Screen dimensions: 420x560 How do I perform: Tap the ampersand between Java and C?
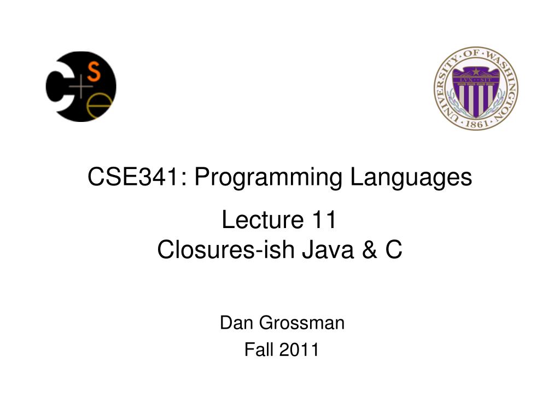367,250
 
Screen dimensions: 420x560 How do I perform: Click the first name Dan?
236,324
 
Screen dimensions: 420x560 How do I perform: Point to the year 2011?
299,349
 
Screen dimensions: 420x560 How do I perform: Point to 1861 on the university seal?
476,124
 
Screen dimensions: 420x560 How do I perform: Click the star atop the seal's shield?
476,71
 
